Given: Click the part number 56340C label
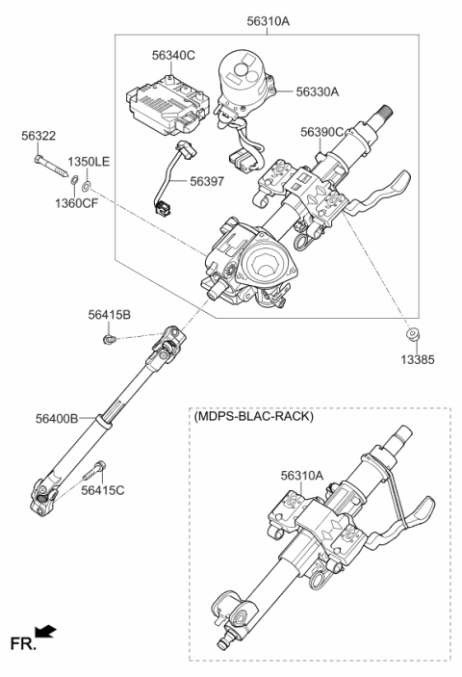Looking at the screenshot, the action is (x=173, y=55).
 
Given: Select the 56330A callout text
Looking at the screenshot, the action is (x=317, y=91).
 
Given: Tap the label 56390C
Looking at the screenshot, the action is (x=321, y=132).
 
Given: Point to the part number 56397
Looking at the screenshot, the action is (x=207, y=181).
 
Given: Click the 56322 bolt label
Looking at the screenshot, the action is (x=38, y=136).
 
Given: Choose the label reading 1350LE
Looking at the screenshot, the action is (x=89, y=162).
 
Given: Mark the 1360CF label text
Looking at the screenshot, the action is (x=76, y=202).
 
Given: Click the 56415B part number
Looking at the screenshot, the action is (x=109, y=315).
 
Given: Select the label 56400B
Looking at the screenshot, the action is (x=57, y=418).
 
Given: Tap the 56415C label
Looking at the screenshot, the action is (x=103, y=490).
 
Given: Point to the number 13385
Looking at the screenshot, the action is (x=418, y=359).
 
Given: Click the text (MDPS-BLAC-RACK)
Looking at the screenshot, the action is (x=254, y=416).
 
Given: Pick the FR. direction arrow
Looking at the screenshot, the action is (x=45, y=632).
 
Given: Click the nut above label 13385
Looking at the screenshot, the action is (x=413, y=334).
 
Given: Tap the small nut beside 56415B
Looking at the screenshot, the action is (x=109, y=339).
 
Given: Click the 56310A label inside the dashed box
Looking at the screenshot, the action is (x=301, y=476).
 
